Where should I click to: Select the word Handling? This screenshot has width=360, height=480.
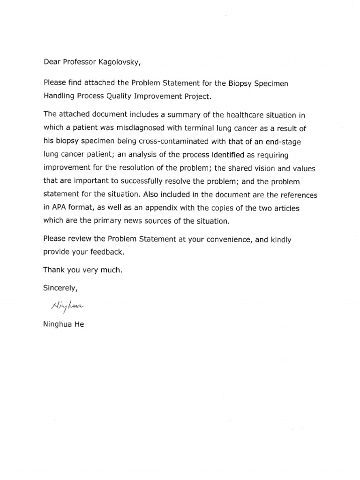coord(59,97)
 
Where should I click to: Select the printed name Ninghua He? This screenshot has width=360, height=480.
coord(64,324)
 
